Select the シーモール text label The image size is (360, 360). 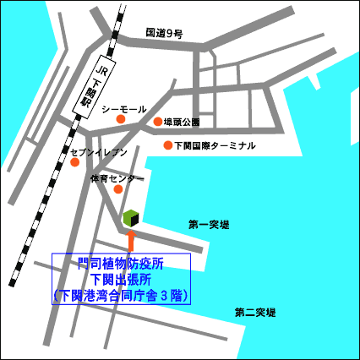point(124,110)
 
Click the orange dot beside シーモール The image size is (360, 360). point(120,120)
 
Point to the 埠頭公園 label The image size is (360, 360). point(182,123)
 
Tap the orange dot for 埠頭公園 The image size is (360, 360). point(158,123)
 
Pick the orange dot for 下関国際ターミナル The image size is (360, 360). point(168,145)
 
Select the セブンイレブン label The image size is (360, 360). point(99,152)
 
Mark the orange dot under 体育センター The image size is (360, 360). point(117,188)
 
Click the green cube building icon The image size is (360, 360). point(130,219)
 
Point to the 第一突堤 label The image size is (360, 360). point(208,225)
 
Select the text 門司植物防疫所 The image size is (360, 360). point(121,265)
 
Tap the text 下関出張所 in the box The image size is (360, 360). point(121,280)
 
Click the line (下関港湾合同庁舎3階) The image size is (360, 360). point(121,296)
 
